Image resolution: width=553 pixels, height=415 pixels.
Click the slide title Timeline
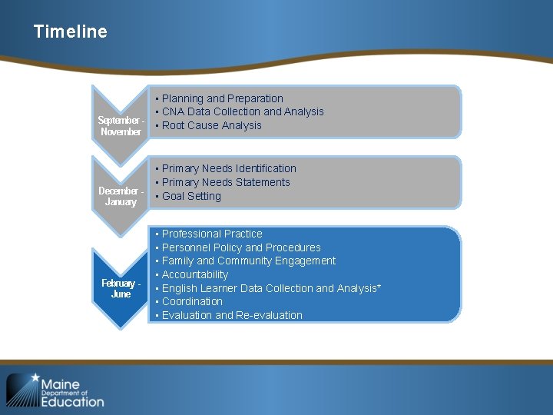[71, 32]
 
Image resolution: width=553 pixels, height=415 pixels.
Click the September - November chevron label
[121, 126]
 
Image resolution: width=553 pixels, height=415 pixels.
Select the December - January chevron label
[121, 197]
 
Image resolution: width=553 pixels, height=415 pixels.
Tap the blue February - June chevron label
[121, 288]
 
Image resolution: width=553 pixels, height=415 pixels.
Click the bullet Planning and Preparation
[222, 98]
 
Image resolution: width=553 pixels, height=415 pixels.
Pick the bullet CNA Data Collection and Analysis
[242, 112]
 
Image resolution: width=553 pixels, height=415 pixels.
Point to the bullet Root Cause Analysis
[211, 126]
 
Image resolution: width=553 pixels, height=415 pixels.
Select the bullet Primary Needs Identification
[228, 169]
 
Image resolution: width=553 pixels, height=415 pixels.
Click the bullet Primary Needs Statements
[226, 183]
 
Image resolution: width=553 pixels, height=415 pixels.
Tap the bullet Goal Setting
[191, 197]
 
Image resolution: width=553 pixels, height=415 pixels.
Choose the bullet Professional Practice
[212, 234]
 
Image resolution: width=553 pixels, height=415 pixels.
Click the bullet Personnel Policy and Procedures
[241, 247]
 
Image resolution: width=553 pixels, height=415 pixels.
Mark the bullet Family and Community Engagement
[248, 261]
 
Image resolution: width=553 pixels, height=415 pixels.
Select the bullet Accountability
[195, 275]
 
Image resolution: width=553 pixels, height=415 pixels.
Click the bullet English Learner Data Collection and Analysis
[269, 289]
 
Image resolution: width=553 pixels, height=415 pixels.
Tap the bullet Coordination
[192, 302]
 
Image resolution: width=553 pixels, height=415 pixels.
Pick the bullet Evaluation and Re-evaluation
[232, 316]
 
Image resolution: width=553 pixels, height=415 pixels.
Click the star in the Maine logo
[34, 378]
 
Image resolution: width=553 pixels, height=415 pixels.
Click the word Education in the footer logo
[72, 401]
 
